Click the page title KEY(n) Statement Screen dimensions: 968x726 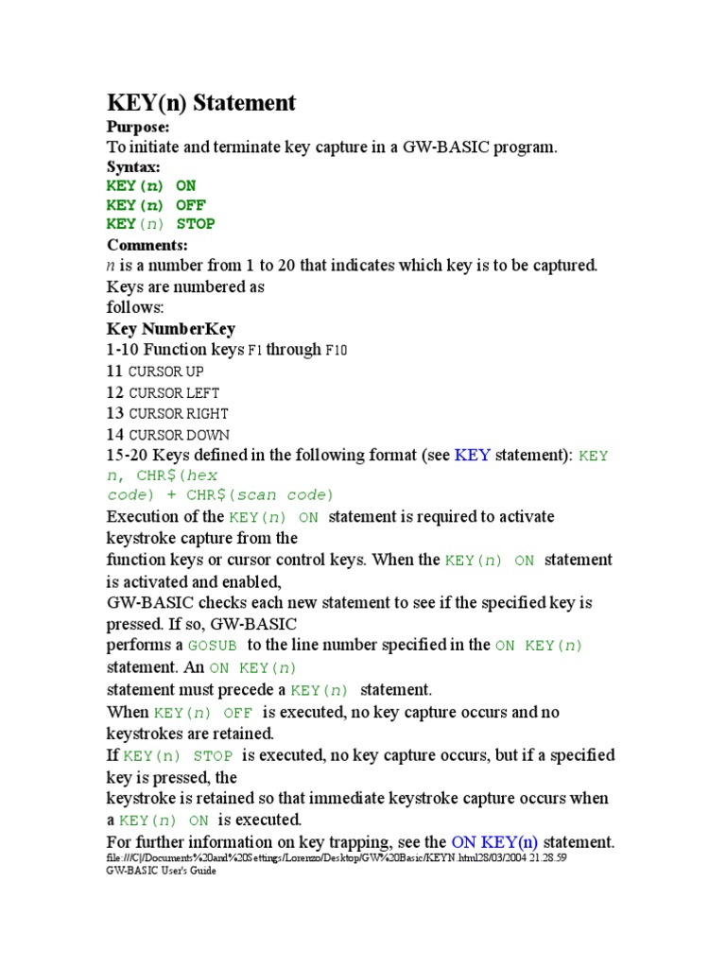200,103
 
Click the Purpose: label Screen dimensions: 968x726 138,127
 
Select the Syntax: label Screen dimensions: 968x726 133,166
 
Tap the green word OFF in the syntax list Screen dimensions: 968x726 191,205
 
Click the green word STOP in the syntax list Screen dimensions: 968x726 196,224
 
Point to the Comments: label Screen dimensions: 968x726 147,245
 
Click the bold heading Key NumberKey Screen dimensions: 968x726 171,329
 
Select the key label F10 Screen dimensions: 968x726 337,351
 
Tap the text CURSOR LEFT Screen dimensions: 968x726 174,393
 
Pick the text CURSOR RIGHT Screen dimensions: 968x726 178,414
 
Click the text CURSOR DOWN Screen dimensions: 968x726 179,436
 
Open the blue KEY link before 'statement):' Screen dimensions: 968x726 473,456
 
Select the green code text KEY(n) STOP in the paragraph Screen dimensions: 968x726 179,756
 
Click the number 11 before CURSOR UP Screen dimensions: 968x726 115,372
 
